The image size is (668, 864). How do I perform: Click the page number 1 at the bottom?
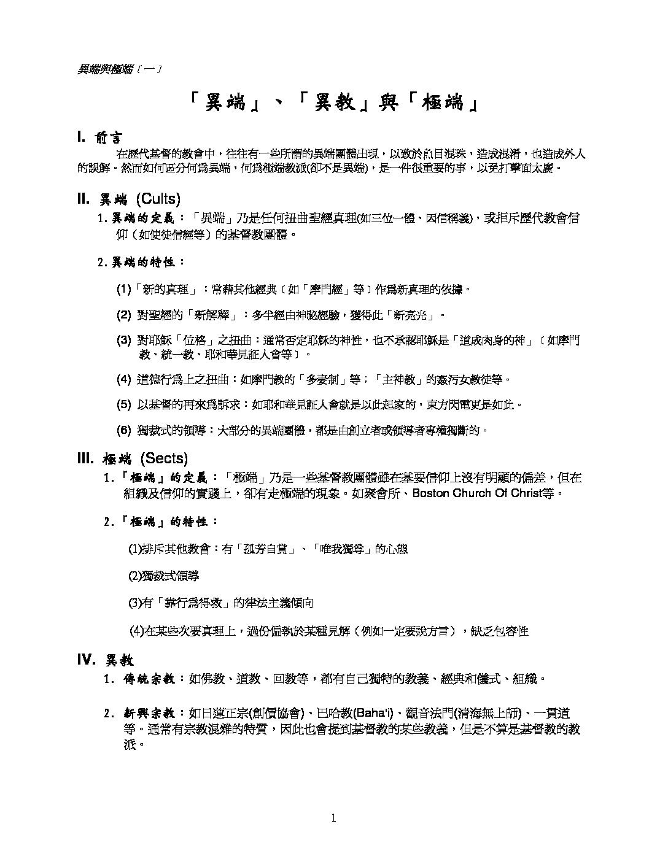pos(333,817)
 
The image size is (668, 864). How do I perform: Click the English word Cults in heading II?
pos(158,199)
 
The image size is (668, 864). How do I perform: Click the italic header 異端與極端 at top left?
pos(105,69)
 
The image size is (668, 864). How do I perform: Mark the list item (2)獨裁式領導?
pos(163,576)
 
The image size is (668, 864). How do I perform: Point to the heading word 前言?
pos(109,138)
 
